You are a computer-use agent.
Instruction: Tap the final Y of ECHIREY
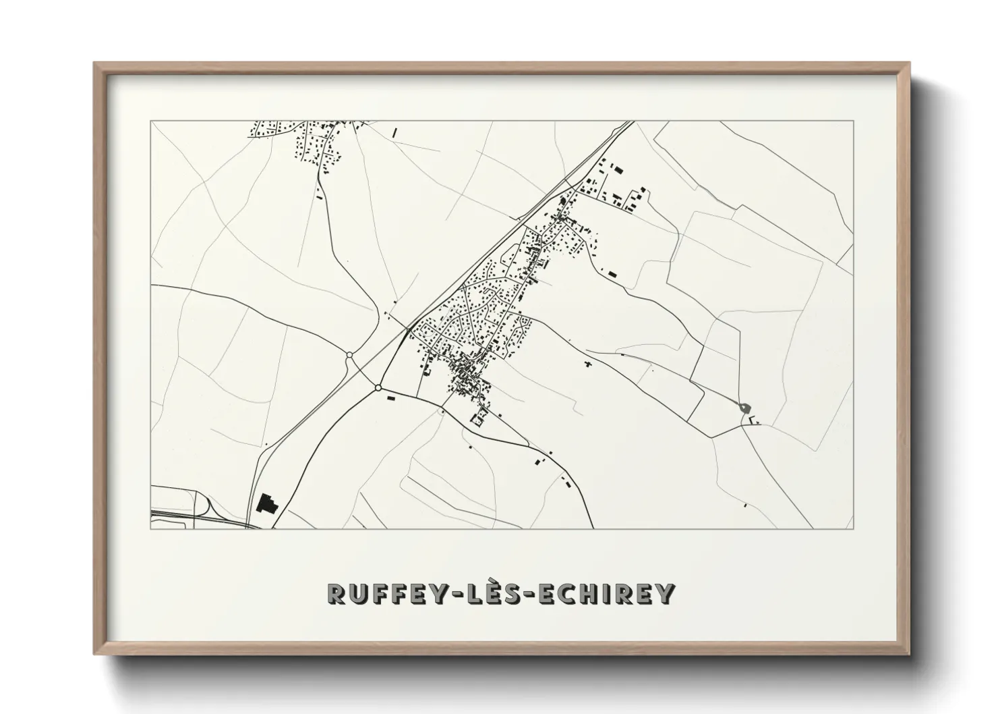tap(666, 593)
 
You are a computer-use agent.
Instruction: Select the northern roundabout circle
tap(349, 355)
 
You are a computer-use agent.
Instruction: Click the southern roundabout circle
tap(378, 387)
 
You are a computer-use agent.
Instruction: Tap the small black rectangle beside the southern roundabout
tap(390, 399)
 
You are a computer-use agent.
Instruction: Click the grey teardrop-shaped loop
tap(743, 407)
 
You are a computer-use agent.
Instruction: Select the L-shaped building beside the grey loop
tap(753, 421)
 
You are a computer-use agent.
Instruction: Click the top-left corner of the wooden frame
tap(94, 63)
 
